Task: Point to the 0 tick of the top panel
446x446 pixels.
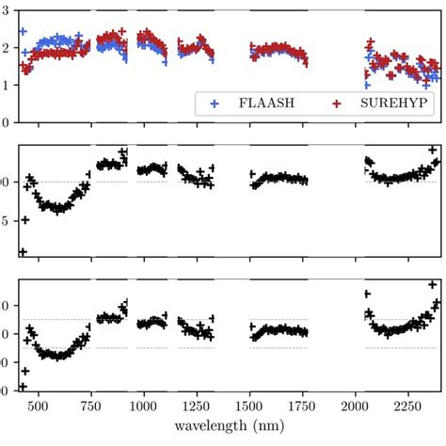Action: pos(8,121)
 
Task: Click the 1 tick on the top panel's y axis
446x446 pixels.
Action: pos(8,85)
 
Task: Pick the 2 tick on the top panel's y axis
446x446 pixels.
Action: pos(8,48)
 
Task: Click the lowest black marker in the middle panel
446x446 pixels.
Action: pos(22,251)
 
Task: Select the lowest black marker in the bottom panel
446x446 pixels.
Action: pos(22,387)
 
